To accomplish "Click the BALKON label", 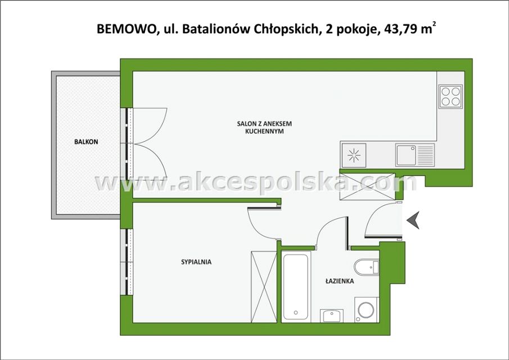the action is (x=86, y=142).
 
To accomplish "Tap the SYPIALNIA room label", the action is (x=196, y=262).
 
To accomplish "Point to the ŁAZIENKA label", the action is (x=340, y=281).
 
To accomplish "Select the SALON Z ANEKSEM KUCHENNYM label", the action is (x=264, y=128).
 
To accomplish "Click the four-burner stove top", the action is (x=451, y=96).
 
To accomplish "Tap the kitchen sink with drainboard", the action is (x=415, y=155).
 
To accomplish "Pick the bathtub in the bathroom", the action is (x=295, y=287).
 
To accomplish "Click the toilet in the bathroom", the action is (x=367, y=267).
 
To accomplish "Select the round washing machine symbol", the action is (x=367, y=310).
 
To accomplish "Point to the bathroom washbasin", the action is (x=332, y=316).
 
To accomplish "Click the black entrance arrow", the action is (x=413, y=220).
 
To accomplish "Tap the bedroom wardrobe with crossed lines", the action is (x=264, y=287).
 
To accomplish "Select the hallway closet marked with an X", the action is (x=367, y=187).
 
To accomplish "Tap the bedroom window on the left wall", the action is (x=127, y=262).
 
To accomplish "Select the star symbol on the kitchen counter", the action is (x=354, y=155).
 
